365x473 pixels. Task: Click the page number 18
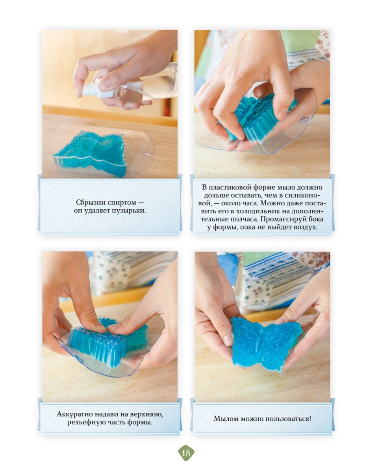186,453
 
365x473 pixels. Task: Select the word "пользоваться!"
288,419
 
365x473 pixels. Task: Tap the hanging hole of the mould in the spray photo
147,154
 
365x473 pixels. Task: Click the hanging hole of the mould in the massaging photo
304,120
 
